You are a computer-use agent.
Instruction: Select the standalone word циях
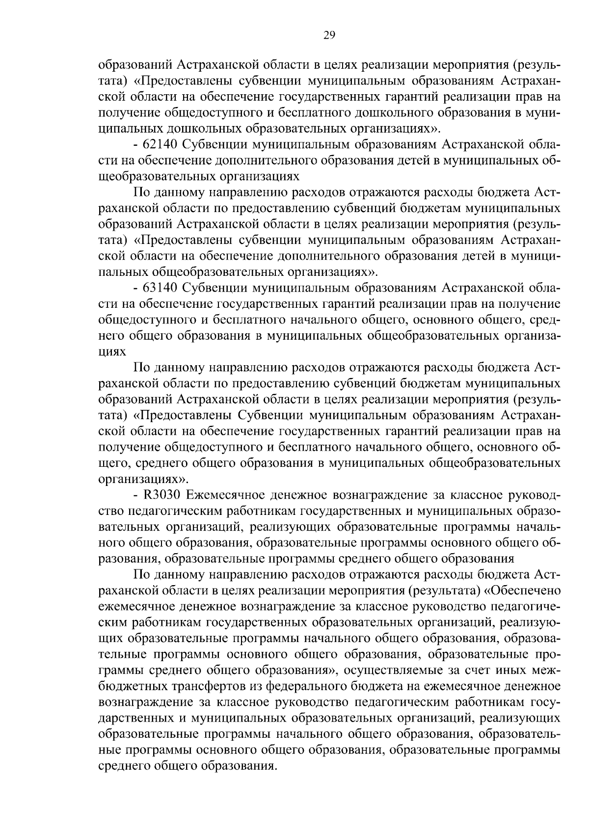112,351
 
